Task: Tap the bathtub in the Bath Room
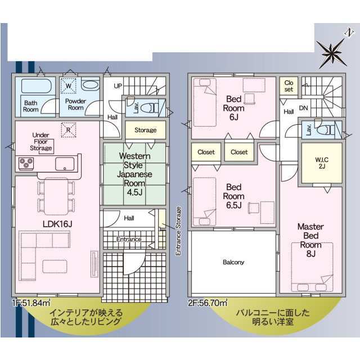coord(36,86)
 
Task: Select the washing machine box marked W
coord(69,85)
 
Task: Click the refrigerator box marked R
coord(69,130)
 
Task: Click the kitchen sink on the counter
coord(65,164)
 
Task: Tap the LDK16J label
coord(57,224)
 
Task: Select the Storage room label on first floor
coord(146,130)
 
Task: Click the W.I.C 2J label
coord(322,163)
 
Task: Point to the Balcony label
coord(233,262)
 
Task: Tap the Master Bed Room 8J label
coord(310,240)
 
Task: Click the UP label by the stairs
coord(118,86)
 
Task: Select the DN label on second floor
coord(304,108)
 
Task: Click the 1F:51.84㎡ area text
coord(31,303)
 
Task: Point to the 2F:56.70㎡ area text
coord(208,303)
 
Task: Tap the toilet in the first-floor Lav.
coord(149,107)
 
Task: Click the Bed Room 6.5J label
coord(234,196)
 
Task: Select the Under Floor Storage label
coord(41,141)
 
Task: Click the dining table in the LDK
coord(56,196)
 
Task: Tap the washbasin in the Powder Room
coord(90,85)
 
